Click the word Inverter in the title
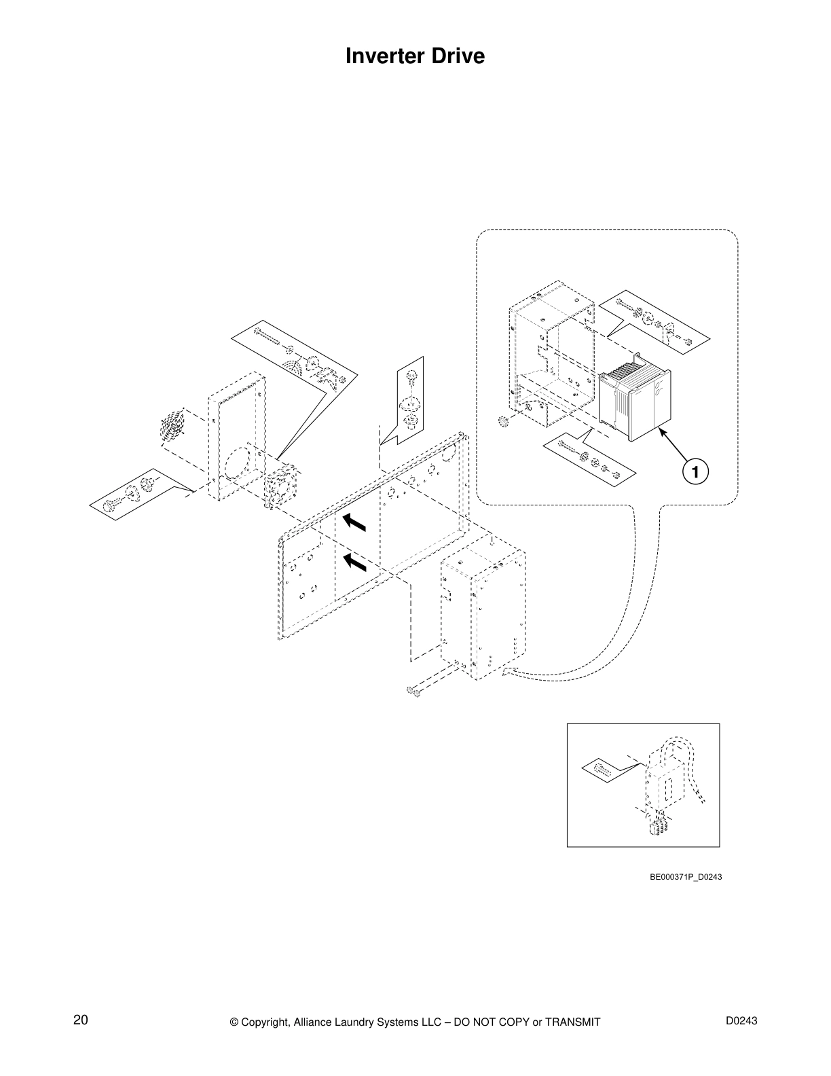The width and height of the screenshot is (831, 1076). [x=382, y=56]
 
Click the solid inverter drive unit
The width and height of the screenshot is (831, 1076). [x=634, y=403]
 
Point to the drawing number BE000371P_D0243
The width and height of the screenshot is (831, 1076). [x=686, y=877]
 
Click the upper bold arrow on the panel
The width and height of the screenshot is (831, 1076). [x=354, y=522]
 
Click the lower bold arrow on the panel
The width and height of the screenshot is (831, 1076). [x=354, y=563]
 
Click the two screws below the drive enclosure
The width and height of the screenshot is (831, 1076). [x=412, y=692]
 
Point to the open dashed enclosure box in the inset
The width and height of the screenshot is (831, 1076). [x=550, y=353]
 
